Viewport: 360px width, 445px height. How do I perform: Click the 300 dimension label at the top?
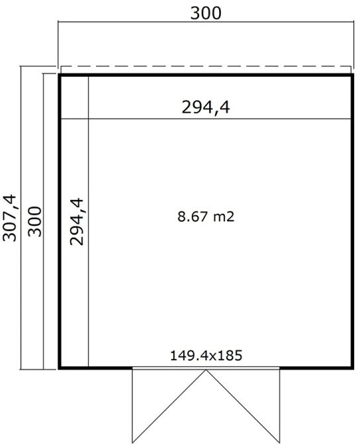point(206,13)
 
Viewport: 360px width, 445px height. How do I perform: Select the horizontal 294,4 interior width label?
point(206,107)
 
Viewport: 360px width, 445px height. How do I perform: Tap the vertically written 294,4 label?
point(77,222)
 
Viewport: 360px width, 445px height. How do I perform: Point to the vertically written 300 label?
point(35,222)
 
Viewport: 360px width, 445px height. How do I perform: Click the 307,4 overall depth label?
point(10,218)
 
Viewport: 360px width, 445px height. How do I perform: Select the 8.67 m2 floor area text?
point(206,217)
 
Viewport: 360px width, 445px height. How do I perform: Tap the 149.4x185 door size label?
point(206,356)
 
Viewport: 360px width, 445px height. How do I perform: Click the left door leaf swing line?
point(169,406)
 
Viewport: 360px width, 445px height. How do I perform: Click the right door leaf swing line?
point(243,406)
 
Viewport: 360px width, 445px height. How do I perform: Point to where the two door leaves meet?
point(206,370)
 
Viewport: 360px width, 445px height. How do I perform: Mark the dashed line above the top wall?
point(206,66)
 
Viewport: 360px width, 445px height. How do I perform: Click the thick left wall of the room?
point(60,222)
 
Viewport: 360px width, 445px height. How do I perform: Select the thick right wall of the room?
point(352,222)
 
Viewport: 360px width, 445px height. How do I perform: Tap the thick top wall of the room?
point(206,75)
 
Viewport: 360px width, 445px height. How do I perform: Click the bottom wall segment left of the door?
point(95,368)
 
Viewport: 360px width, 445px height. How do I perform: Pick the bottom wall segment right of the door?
point(317,368)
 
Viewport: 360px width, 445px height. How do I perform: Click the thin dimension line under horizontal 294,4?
point(206,119)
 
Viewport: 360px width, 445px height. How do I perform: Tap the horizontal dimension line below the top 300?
point(206,22)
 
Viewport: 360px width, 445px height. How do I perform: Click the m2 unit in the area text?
point(224,217)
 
